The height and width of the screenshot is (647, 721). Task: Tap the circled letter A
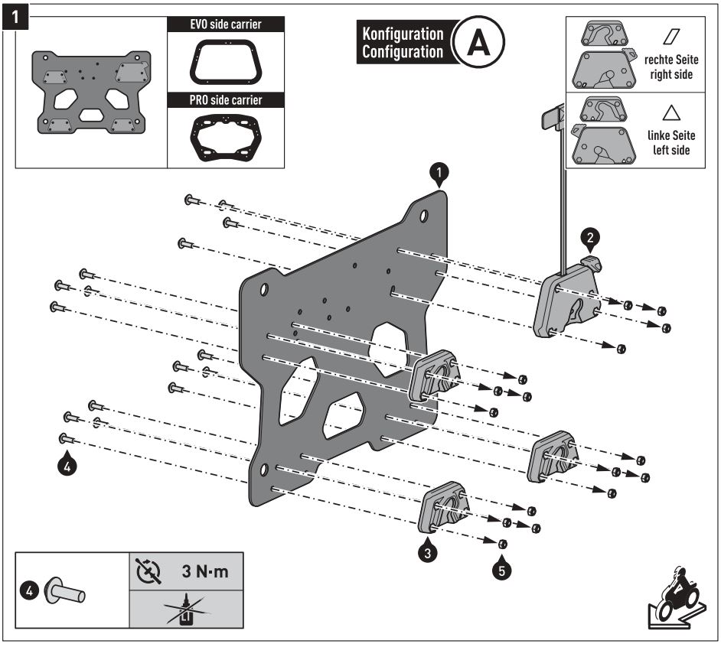point(479,44)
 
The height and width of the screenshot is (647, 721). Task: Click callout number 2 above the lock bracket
point(589,238)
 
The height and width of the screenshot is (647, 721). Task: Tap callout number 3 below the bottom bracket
point(429,550)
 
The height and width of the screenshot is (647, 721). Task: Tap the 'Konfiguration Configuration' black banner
point(402,43)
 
